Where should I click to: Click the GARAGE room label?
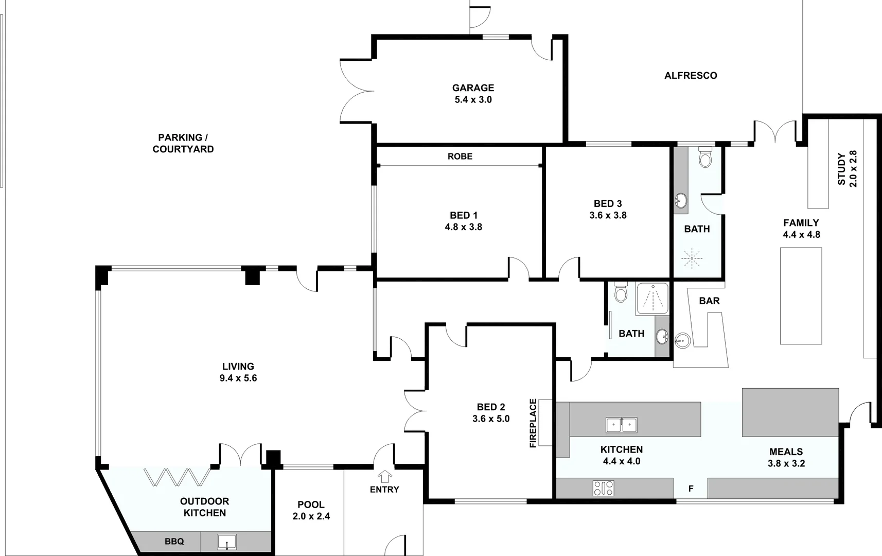coord(473,88)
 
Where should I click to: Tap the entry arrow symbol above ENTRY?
coord(384,476)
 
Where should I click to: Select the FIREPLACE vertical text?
coord(533,423)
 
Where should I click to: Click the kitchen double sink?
coord(622,425)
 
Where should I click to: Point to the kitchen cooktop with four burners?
coord(603,488)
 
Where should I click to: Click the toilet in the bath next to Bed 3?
coord(705,157)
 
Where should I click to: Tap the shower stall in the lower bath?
coord(652,299)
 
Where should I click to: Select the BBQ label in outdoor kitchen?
coord(174,542)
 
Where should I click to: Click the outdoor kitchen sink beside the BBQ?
coord(226,542)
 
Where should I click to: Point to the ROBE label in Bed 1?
coord(460,157)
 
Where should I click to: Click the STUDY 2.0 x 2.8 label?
coord(847,169)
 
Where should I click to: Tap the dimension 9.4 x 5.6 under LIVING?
coord(238,378)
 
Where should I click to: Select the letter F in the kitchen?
coord(691,489)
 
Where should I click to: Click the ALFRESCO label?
coord(690,76)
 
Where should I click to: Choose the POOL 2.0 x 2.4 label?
coord(311,510)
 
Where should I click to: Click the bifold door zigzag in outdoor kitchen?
coord(176,477)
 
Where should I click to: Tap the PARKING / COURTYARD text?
coord(183,143)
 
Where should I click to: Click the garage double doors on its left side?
coord(357,91)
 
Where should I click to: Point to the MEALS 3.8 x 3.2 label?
coord(786,457)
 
